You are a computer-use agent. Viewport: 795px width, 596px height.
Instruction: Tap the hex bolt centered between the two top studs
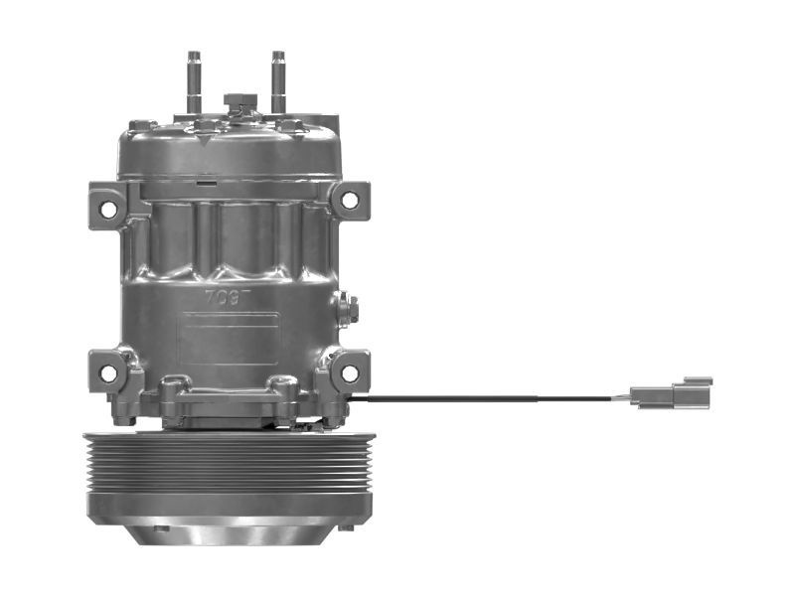238,102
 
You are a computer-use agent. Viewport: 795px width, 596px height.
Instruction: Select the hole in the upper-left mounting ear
108,209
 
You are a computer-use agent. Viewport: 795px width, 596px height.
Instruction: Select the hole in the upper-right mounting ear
349,200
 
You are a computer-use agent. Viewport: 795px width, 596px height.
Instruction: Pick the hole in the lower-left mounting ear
108,373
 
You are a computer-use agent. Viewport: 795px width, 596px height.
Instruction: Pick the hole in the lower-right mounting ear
349,373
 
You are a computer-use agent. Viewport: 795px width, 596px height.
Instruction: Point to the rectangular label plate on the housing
229,337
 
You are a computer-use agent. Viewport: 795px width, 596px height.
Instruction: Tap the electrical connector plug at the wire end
672,394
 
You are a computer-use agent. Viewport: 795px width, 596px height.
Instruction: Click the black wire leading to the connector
497,399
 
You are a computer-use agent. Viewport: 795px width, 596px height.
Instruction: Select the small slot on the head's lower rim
206,183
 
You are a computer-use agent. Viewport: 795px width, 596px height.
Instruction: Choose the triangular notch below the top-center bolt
206,141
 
